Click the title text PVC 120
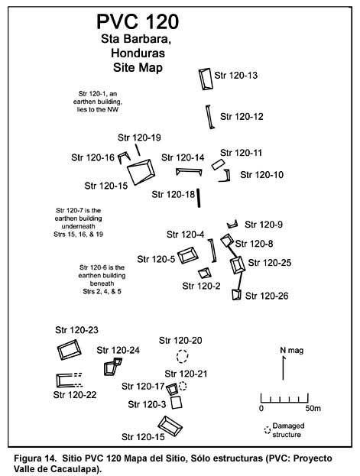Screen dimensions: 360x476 click(138, 22)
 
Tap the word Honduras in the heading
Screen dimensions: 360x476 click(138, 53)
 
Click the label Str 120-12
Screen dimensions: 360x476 click(242, 117)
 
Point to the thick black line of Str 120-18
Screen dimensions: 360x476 click(199, 198)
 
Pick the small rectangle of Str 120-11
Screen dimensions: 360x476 click(218, 165)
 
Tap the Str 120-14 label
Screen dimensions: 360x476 click(183, 157)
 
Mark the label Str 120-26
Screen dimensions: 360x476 click(267, 296)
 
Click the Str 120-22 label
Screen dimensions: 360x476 click(75, 395)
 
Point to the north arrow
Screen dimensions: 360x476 click(283, 368)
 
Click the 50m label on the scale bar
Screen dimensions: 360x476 click(313, 408)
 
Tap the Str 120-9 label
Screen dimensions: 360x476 click(264, 225)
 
